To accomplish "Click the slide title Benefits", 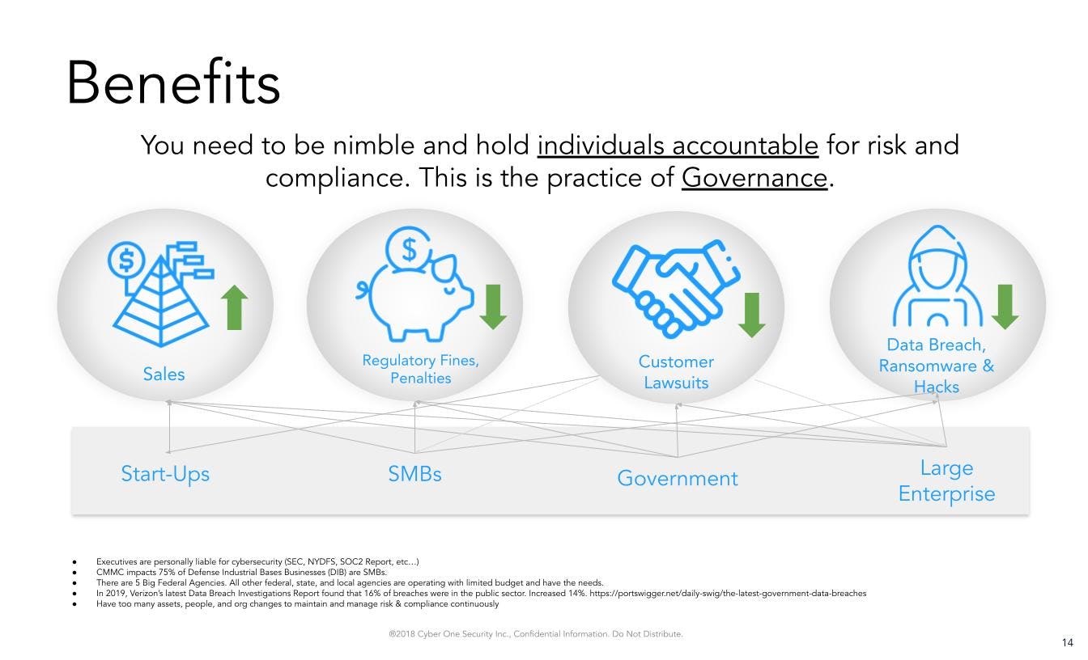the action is (173, 82).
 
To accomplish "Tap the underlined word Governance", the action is (754, 178).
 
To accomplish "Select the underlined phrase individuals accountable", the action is (678, 146).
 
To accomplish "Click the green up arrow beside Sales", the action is (235, 307).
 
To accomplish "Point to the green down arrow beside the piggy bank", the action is (493, 307).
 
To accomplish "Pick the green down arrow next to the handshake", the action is (752, 315).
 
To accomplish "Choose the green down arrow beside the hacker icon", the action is (1005, 307).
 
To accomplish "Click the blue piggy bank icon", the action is (414, 285).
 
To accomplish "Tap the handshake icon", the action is (676, 288).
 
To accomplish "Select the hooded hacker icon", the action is (937, 276).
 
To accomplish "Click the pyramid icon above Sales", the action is (161, 294).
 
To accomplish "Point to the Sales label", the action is (164, 374).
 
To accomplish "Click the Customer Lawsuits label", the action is (676, 372).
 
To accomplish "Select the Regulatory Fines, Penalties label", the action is (421, 370).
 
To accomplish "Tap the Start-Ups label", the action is (165, 474).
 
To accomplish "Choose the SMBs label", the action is (414, 474).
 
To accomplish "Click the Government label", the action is (678, 479).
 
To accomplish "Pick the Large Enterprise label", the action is (946, 481).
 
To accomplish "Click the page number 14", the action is (1068, 642).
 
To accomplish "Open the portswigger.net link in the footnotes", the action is (728, 594).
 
